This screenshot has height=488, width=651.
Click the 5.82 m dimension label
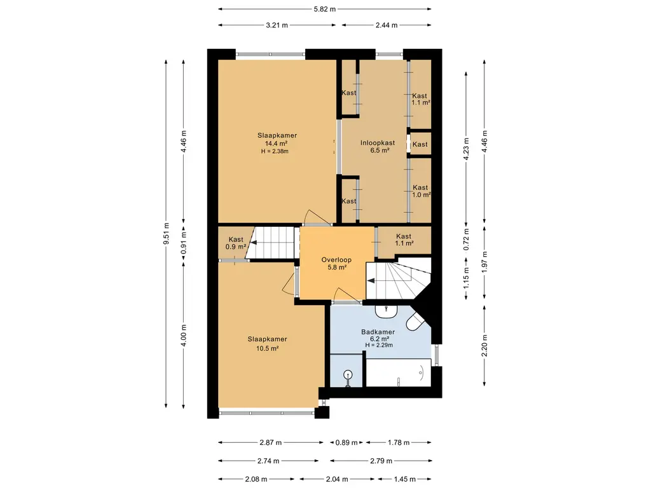pos(325,9)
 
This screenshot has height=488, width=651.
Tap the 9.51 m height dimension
pos(166,234)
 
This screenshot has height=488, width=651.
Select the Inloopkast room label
pos(378,143)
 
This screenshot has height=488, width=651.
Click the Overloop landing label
pos(336,260)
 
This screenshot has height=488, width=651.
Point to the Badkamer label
pos(378,332)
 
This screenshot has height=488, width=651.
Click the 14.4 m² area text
pos(277,144)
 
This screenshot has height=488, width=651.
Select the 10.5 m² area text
pos(267,349)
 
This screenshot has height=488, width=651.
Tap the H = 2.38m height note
pos(275,151)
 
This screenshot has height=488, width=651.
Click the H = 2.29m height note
pos(379,345)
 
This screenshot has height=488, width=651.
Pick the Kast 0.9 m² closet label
pos(236,243)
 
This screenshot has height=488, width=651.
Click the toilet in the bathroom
pos(415,320)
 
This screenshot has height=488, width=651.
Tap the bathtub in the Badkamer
pos(398,372)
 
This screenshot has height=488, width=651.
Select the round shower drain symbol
pos(348,375)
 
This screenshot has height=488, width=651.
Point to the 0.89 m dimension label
pos(346,443)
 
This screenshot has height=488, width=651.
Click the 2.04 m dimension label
pos(337,479)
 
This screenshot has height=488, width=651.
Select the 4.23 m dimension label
pos(466,148)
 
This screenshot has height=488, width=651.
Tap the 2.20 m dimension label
pos(484,345)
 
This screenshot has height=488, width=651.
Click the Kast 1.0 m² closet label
pos(421,191)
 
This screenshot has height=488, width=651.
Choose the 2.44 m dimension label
pos(387,25)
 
